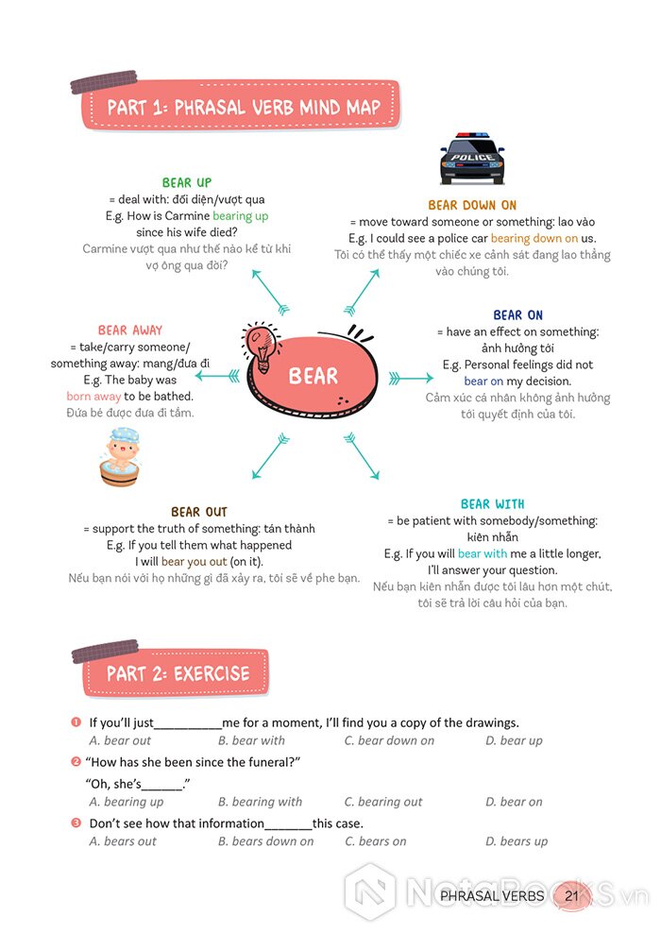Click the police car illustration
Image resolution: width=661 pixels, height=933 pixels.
click(x=472, y=158)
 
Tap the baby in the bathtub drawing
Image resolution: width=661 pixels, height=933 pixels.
click(x=120, y=456)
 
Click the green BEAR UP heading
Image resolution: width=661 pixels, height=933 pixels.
click(x=187, y=182)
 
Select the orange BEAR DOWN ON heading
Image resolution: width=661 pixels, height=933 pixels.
click(x=472, y=205)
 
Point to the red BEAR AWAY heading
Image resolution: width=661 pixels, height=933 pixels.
click(x=129, y=331)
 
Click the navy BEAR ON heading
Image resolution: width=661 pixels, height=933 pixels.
click(x=517, y=315)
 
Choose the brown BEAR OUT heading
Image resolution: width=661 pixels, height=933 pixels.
click(x=198, y=513)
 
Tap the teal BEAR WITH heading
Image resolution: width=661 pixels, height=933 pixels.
click(x=493, y=504)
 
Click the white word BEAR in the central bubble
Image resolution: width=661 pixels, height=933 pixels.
click(x=313, y=376)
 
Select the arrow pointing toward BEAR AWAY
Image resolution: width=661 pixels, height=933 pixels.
click(x=217, y=376)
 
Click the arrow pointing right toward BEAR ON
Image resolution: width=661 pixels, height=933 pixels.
click(x=411, y=379)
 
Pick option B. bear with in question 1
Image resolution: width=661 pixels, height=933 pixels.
click(x=251, y=740)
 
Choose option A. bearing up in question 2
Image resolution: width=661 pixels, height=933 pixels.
click(x=127, y=802)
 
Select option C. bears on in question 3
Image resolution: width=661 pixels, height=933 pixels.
click(x=376, y=841)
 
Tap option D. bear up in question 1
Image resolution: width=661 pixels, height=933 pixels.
click(x=514, y=741)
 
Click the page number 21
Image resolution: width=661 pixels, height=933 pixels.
click(x=571, y=895)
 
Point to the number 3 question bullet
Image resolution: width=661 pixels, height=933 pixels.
click(x=76, y=823)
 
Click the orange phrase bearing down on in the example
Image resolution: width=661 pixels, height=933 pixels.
click(x=534, y=239)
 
